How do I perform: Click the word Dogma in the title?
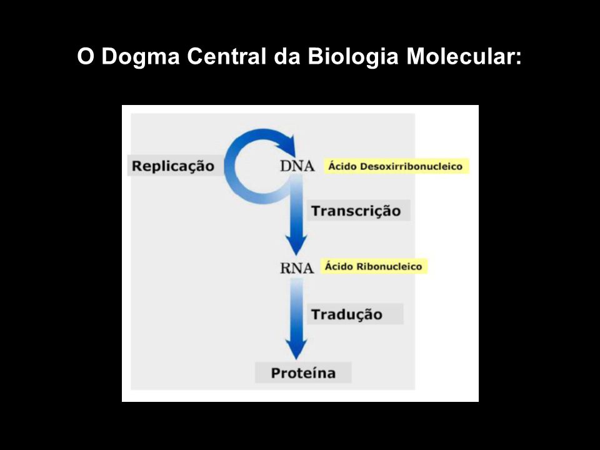141,57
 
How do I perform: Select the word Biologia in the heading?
353,57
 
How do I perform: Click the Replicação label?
173,166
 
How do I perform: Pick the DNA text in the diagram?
297,166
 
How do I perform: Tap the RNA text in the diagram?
297,268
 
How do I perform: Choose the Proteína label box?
303,372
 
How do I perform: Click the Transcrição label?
356,211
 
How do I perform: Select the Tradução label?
347,314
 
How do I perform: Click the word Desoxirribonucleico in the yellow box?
411,166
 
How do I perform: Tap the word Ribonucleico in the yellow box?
389,266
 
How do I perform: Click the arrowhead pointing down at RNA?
296,245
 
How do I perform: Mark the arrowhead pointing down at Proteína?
296,349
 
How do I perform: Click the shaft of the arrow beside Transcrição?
296,207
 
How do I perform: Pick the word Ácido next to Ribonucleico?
339,266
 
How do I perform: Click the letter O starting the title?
86,56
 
